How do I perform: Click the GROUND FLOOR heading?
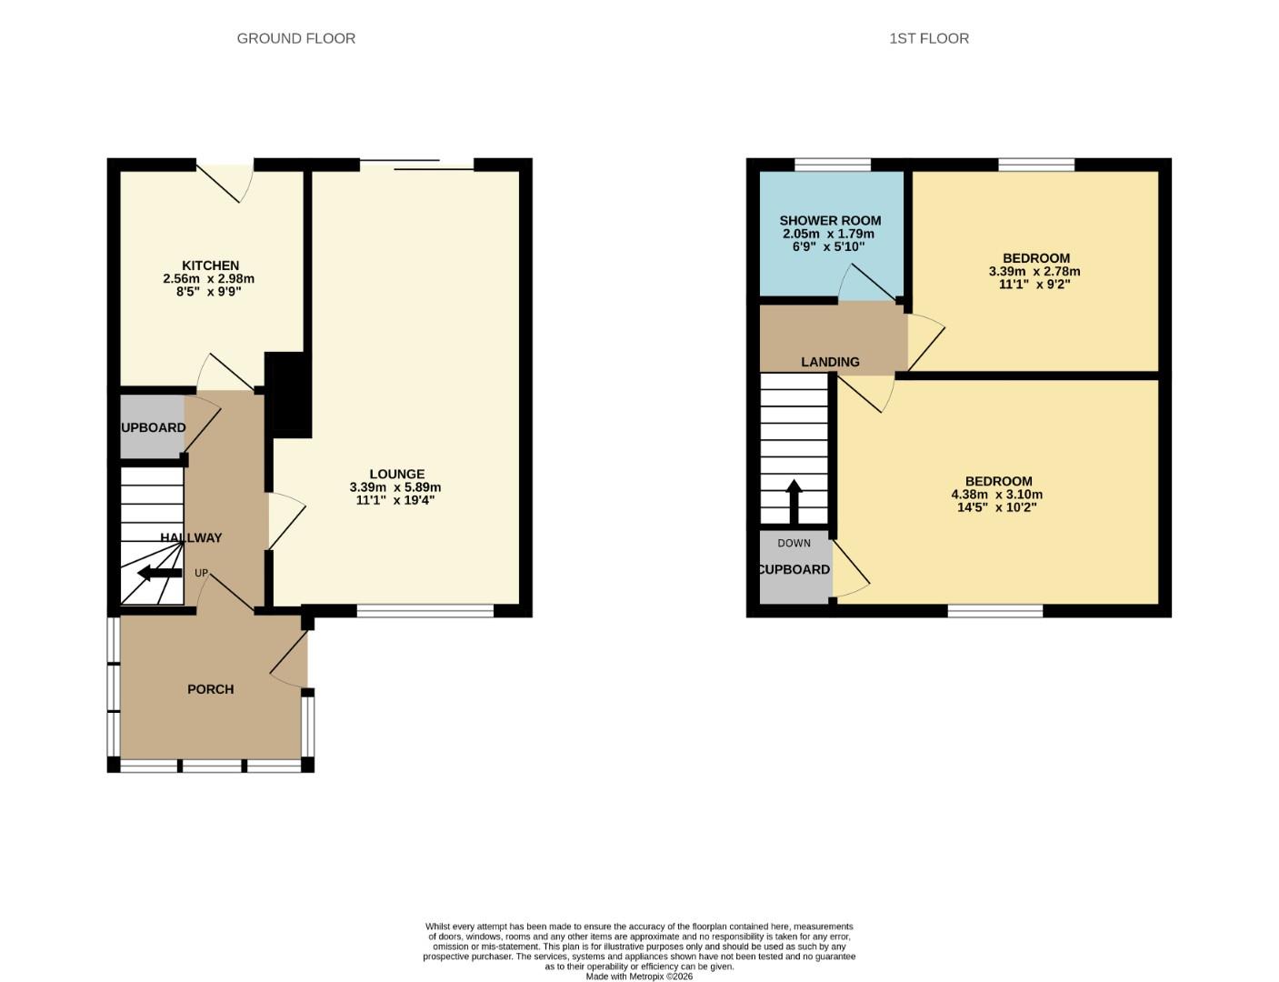click(295, 38)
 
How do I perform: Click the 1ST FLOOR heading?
click(928, 38)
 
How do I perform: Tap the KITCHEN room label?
click(210, 266)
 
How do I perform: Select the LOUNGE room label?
click(396, 474)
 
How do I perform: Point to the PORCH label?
click(210, 689)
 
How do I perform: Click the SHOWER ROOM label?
click(829, 220)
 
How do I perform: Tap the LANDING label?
click(829, 362)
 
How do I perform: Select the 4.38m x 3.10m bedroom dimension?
click(996, 495)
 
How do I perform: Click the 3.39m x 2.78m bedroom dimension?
click(1034, 271)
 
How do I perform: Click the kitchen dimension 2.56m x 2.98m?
click(208, 279)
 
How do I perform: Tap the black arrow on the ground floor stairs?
click(158, 573)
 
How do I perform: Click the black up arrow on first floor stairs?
click(794, 501)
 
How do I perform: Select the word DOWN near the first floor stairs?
click(794, 543)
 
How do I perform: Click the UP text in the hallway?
click(201, 573)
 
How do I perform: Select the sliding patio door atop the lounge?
click(416, 165)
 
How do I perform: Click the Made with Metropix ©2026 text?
click(638, 977)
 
